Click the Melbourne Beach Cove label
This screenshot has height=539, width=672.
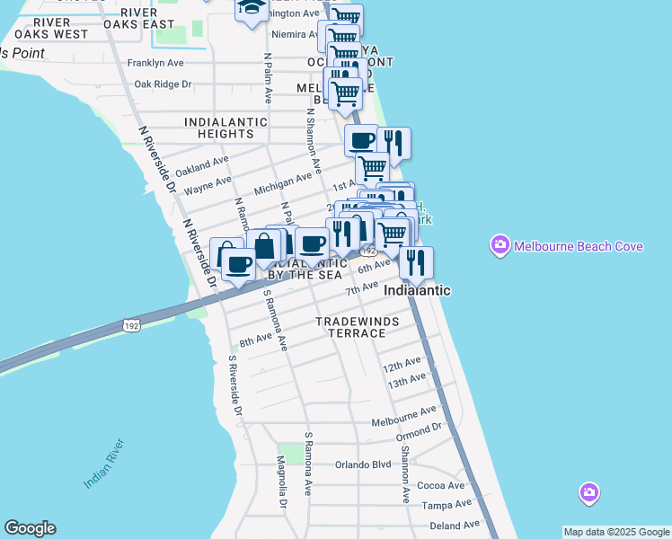578,245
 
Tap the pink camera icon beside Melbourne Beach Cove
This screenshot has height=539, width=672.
500,244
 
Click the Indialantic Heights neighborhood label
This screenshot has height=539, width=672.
225,128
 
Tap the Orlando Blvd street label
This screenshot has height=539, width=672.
363,464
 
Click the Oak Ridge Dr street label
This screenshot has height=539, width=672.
163,84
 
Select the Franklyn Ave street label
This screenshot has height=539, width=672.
155,63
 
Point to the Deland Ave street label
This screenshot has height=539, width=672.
455,526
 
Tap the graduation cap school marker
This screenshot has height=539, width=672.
252,8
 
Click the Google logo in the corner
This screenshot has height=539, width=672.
30,528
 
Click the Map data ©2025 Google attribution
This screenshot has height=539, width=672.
616,532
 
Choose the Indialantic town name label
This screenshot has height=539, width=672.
417,290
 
